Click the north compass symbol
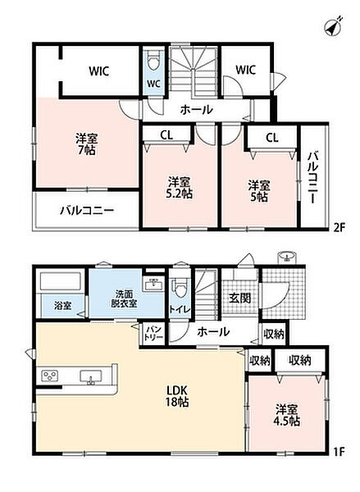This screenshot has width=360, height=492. pyautogui.click(x=333, y=26)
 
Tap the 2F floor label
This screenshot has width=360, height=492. pyautogui.click(x=339, y=226)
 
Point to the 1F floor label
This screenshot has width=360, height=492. pyautogui.click(x=339, y=452)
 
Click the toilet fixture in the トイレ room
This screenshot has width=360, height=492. pyautogui.click(x=180, y=288)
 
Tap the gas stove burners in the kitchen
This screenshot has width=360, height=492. pyautogui.click(x=50, y=376)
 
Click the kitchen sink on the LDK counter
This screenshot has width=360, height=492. pyautogui.click(x=91, y=376)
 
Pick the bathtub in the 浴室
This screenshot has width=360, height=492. pyautogui.click(x=61, y=281)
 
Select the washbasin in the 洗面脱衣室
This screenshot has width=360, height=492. pyautogui.click(x=153, y=285)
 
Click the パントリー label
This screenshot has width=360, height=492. pyautogui.click(x=153, y=333)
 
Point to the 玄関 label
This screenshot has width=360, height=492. pyautogui.click(x=239, y=298)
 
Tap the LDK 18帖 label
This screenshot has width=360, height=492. pyautogui.click(x=177, y=396)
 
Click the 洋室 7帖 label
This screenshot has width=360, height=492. pyautogui.click(x=87, y=144)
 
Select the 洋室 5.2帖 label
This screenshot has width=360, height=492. pyautogui.click(x=180, y=188)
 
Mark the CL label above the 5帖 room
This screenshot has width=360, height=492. pyautogui.click(x=271, y=138)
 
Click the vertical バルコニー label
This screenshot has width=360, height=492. pyautogui.click(x=312, y=177)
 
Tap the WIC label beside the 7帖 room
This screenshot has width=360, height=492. pyautogui.click(x=99, y=71)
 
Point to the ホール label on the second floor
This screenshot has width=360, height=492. pyautogui.click(x=197, y=110)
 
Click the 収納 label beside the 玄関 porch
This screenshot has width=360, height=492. pyautogui.click(x=274, y=335)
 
